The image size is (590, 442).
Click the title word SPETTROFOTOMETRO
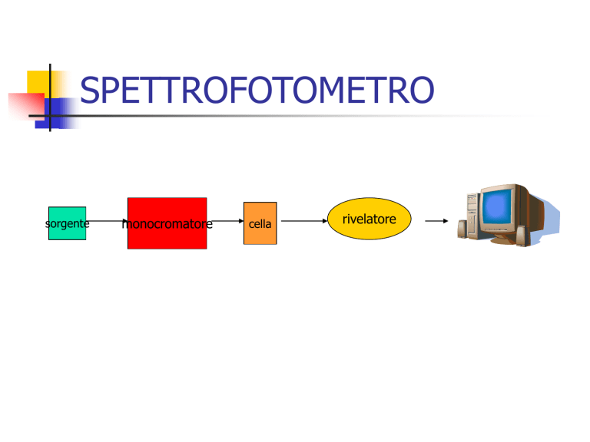257,90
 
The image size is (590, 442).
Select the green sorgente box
68,223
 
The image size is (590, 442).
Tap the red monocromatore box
167,223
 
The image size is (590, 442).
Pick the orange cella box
260,223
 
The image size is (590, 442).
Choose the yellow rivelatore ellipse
369,219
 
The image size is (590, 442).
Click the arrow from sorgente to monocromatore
107,221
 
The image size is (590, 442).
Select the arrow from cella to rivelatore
304,221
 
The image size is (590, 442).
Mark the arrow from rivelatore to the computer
436,221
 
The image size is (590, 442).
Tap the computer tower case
473,214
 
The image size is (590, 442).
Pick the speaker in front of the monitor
522,236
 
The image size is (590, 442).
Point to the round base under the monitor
503,239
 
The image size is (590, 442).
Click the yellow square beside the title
41,84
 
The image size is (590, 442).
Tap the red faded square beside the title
26,107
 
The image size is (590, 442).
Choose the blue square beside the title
56,114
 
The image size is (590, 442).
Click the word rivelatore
369,219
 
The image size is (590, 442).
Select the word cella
260,224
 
